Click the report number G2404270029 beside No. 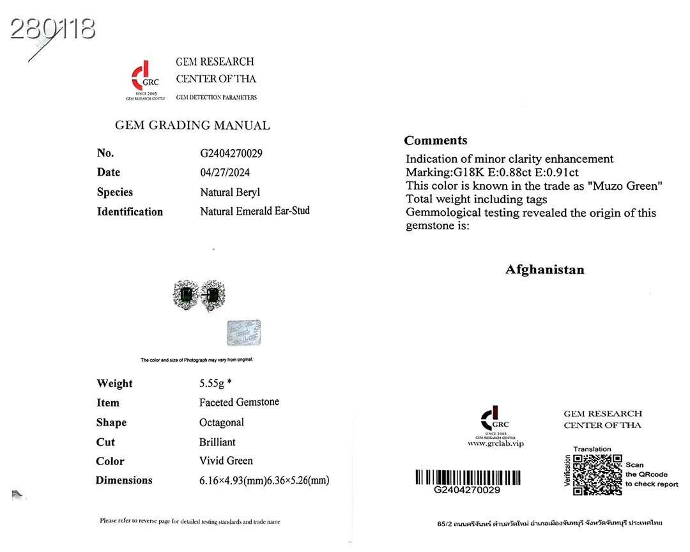(231, 153)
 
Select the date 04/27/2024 (224, 172)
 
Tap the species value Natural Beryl (230, 192)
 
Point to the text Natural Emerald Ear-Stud (254, 211)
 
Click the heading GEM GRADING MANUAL (192, 126)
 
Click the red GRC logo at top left (144, 77)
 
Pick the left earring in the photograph (187, 295)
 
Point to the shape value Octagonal (221, 422)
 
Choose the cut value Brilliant (217, 442)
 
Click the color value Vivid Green (226, 461)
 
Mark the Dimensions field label (124, 480)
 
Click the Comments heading (436, 141)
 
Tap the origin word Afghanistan (544, 270)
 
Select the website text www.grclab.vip (495, 443)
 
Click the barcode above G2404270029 (467, 477)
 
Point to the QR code (597, 475)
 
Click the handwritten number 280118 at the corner (53, 28)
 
